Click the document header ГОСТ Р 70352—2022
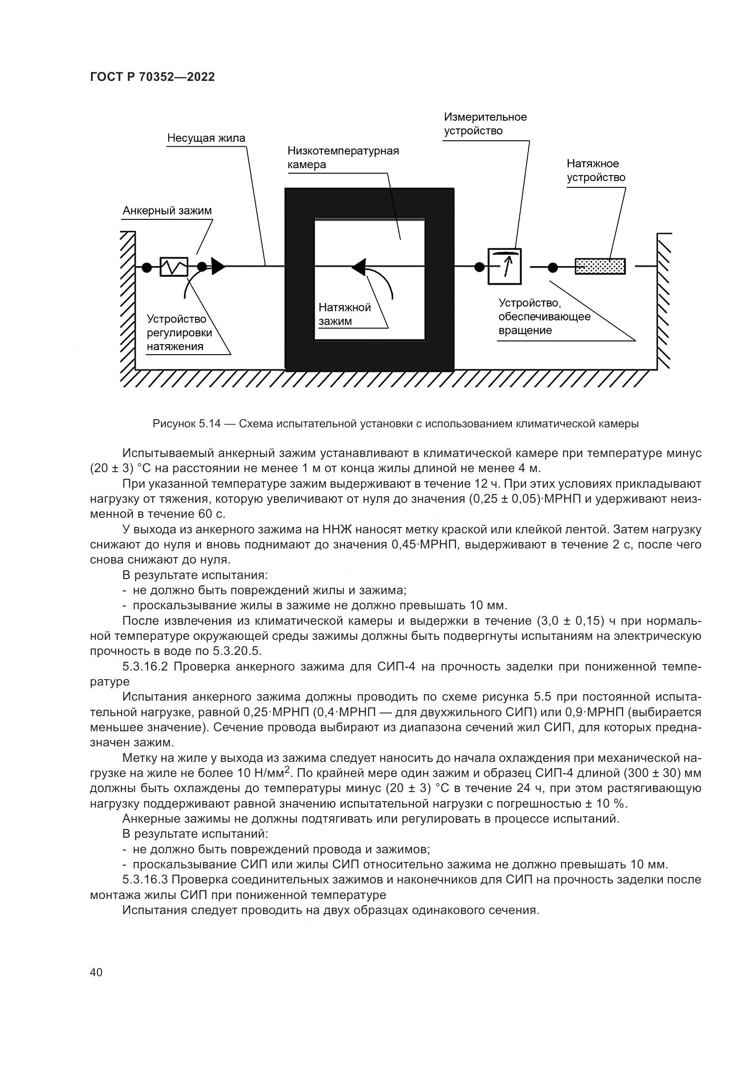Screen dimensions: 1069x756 [x=152, y=77]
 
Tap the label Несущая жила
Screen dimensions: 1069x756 [x=206, y=138]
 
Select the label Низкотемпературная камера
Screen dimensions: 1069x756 [x=343, y=157]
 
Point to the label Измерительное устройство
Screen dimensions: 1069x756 [x=485, y=123]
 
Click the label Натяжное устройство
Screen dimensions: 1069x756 [x=596, y=170]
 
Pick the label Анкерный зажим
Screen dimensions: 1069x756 [x=167, y=211]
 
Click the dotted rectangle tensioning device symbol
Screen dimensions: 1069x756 [x=600, y=266]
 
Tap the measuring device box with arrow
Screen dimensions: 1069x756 [x=504, y=266]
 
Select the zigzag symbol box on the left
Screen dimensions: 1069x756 [x=174, y=267]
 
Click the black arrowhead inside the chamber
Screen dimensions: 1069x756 [x=359, y=266]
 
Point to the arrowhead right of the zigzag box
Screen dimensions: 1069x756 [x=218, y=266]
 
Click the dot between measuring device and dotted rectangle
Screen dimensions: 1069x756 [x=553, y=267]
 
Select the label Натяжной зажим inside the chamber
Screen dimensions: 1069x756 [x=344, y=314]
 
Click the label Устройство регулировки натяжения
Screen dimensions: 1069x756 [x=179, y=332]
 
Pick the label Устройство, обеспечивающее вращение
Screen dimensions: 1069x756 [x=544, y=317]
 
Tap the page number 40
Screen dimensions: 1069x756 [x=96, y=973]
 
